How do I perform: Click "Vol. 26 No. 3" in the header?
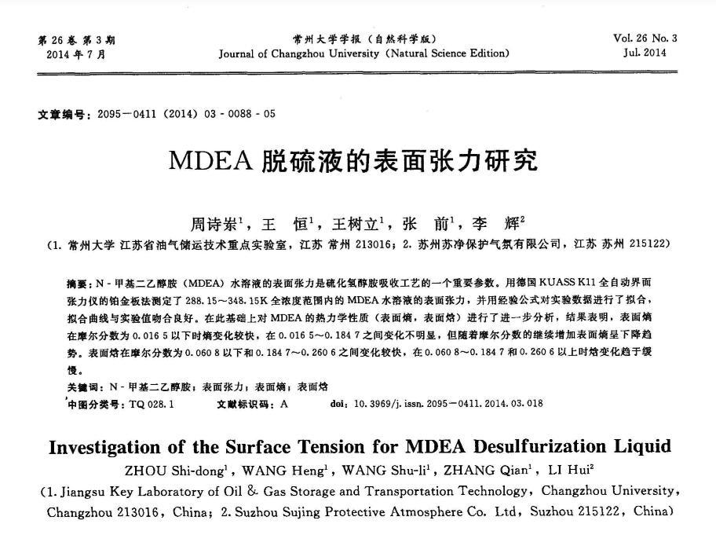coord(645,38)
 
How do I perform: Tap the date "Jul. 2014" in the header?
coord(645,53)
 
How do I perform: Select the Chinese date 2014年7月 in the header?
coord(75,54)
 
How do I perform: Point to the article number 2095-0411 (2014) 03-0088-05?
coord(186,114)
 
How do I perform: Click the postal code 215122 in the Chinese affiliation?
coord(646,244)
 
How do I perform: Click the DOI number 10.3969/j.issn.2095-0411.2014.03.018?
coord(448,404)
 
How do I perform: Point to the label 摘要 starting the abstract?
coord(79,281)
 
